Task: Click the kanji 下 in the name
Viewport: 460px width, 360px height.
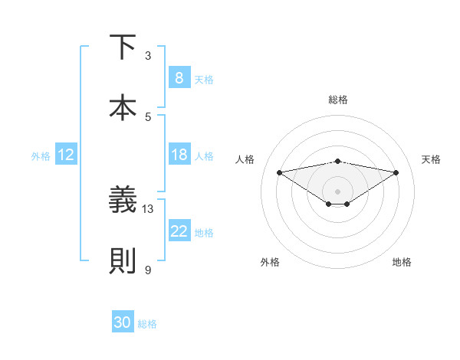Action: [123, 47]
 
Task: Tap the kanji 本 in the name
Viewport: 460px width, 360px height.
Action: [123, 106]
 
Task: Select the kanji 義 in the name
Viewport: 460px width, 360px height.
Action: [123, 200]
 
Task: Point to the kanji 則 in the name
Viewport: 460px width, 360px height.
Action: [123, 260]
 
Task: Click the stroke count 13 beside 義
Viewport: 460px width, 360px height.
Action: [148, 208]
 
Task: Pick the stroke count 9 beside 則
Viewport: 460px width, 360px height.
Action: [148, 269]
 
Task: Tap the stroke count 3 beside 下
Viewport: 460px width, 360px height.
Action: [148, 55]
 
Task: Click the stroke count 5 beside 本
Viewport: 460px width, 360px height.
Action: [148, 116]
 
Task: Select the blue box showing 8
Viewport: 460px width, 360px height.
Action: [179, 78]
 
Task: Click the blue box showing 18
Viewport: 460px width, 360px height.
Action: [179, 155]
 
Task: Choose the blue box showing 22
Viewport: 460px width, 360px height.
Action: [179, 231]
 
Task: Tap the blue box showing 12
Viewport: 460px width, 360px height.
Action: [66, 155]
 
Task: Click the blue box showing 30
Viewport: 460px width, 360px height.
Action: [123, 322]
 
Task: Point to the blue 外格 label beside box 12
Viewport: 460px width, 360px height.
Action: [41, 156]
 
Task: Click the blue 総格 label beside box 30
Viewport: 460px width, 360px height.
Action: [147, 324]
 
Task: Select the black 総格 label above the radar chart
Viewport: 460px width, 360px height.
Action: [337, 100]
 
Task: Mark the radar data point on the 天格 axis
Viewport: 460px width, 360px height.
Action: [396, 172]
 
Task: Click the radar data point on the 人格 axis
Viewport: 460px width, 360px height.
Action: [279, 172]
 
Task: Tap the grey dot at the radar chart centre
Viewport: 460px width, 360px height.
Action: [337, 191]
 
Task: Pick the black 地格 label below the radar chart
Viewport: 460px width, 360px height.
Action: [402, 262]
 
